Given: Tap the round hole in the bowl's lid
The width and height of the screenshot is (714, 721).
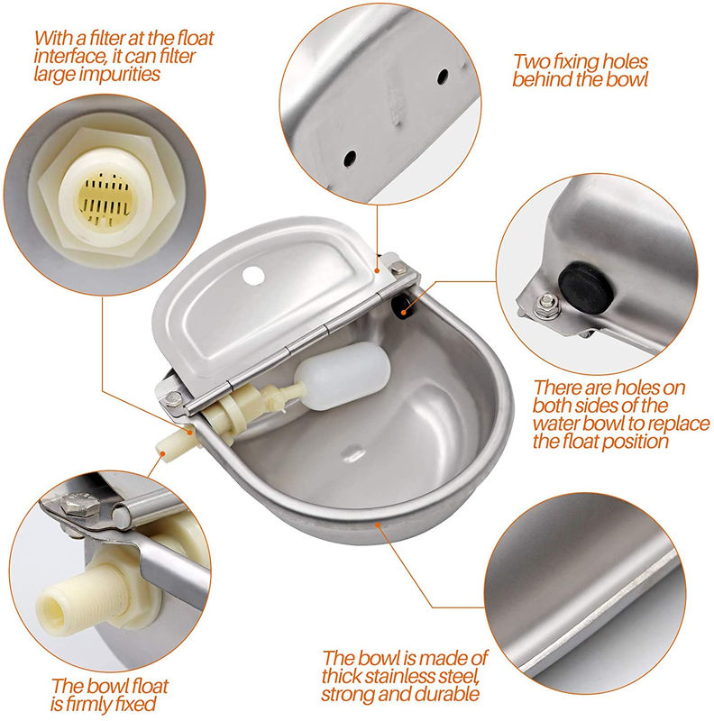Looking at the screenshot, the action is [x=253, y=276].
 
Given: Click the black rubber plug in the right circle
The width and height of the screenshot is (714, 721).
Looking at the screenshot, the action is [x=586, y=287].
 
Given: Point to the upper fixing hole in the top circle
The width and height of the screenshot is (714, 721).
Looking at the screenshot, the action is [x=443, y=76].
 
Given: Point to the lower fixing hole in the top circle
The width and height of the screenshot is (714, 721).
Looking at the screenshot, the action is [x=350, y=159].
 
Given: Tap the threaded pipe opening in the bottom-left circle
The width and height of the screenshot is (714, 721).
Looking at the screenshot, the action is [x=51, y=615].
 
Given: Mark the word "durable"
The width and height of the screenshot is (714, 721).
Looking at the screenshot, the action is [x=448, y=694].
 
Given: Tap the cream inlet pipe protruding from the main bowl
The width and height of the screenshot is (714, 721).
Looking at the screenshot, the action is [x=177, y=443].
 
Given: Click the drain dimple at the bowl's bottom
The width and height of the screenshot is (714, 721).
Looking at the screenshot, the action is [x=352, y=453].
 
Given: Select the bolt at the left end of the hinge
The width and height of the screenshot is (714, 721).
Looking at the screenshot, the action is [x=173, y=397].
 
